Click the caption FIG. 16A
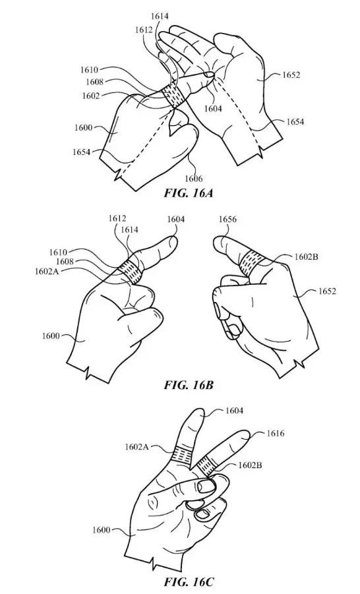189,193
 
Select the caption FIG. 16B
189,385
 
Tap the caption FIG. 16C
189,581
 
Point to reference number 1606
194,179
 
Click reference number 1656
227,220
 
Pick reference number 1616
276,433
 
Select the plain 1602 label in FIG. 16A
91,96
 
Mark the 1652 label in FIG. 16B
327,291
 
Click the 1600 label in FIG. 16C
101,529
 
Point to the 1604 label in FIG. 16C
234,411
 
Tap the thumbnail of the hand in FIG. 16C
206,486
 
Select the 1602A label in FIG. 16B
47,271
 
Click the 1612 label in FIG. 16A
144,30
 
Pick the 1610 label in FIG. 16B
58,252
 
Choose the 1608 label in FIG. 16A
94,82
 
